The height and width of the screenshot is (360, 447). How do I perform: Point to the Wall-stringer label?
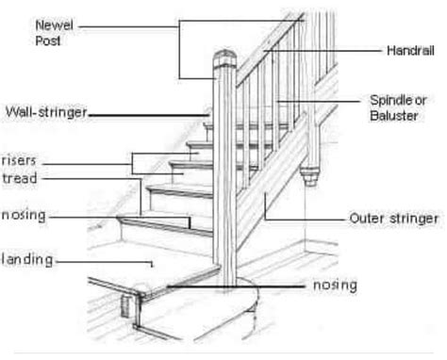click(45, 113)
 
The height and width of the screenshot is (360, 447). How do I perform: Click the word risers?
click(20, 159)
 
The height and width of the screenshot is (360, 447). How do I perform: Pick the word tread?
click(20, 177)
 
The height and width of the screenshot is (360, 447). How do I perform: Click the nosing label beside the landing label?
click(25, 216)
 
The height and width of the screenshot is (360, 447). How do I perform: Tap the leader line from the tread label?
click(94, 177)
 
